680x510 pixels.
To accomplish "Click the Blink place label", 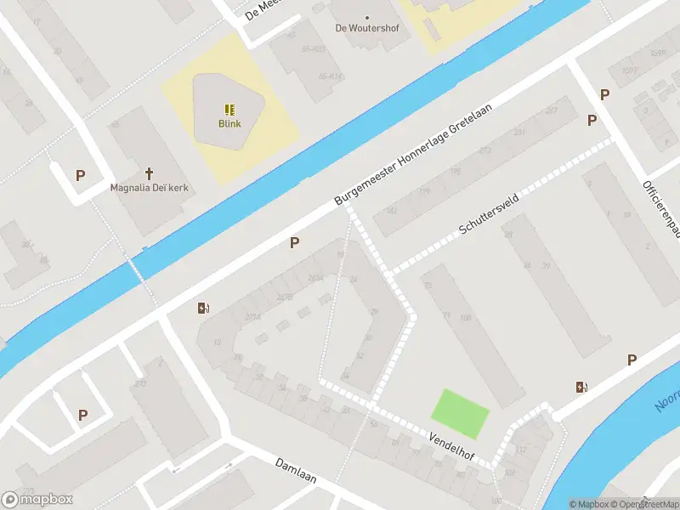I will [229, 123].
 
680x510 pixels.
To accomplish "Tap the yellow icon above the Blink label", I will [229, 109].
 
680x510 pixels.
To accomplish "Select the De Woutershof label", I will [367, 28].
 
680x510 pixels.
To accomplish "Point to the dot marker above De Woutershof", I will [367, 17].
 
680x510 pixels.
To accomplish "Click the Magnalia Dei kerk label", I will [150, 187].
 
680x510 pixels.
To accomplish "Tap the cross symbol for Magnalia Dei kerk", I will [150, 173].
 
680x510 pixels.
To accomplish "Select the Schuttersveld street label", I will [488, 220].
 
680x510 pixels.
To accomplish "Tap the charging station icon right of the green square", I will [581, 388].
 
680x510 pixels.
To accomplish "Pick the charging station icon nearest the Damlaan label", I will [202, 309].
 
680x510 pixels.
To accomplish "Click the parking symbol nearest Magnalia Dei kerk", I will [81, 176].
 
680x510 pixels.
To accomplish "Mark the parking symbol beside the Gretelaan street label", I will [294, 243].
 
